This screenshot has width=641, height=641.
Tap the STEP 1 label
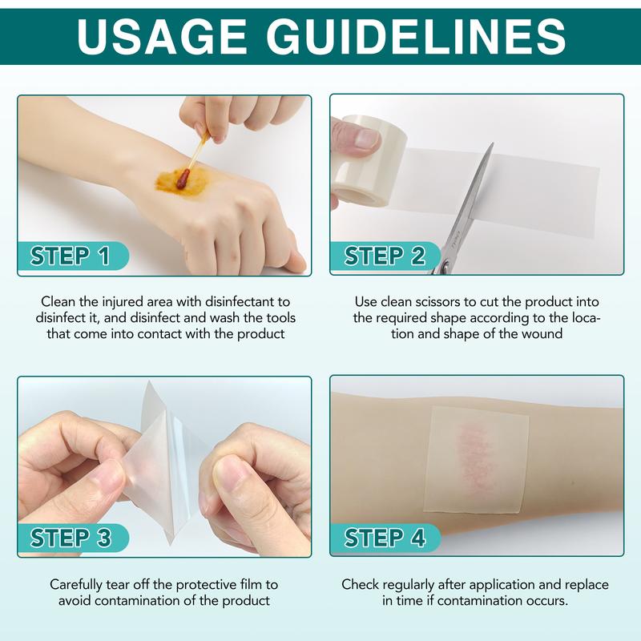[x=70, y=256]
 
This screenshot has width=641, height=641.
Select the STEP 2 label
[x=385, y=256]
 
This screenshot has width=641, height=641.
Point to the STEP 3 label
[x=70, y=538]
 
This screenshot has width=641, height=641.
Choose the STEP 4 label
[x=385, y=538]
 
